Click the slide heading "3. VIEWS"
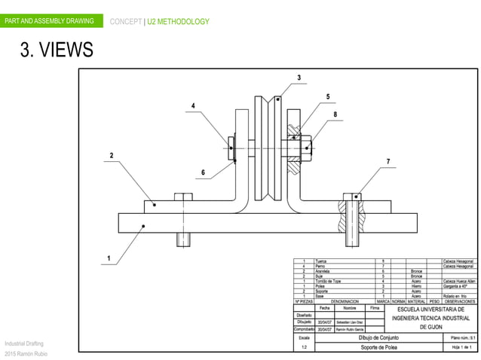(x=57, y=50)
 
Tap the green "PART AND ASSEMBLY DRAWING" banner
(x=51, y=20)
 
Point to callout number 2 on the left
(x=112, y=156)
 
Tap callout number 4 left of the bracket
(x=193, y=106)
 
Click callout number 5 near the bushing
(x=328, y=96)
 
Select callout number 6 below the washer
(x=203, y=172)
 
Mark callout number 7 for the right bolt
(x=388, y=161)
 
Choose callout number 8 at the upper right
(x=334, y=115)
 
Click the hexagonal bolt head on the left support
(x=184, y=197)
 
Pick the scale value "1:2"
(x=304, y=347)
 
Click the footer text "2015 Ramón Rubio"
(x=26, y=354)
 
